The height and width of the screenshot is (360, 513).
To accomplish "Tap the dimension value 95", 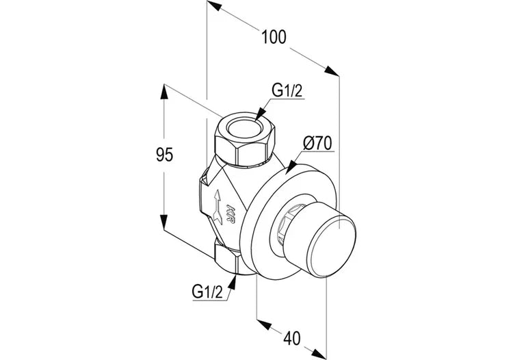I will [x=163, y=155].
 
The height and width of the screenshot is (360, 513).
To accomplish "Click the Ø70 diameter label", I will [x=316, y=143].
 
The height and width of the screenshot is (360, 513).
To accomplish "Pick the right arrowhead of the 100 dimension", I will [x=334, y=72].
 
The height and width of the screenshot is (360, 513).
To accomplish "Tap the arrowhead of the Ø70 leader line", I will [x=288, y=168].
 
